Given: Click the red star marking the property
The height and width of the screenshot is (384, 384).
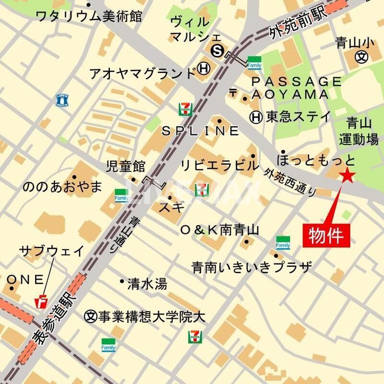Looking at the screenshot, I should point(347,176).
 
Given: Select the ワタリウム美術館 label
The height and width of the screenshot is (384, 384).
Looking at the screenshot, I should point(89,16).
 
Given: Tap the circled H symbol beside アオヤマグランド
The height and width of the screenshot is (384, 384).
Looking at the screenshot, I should point(204,70).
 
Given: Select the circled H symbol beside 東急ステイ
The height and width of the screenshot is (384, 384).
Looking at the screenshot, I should point(256,116).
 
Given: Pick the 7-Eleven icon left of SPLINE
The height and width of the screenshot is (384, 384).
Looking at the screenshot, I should point(184,109).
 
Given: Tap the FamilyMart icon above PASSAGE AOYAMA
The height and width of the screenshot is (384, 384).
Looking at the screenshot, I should point(254,62).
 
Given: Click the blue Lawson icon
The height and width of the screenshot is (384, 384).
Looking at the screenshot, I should point(63,100).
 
